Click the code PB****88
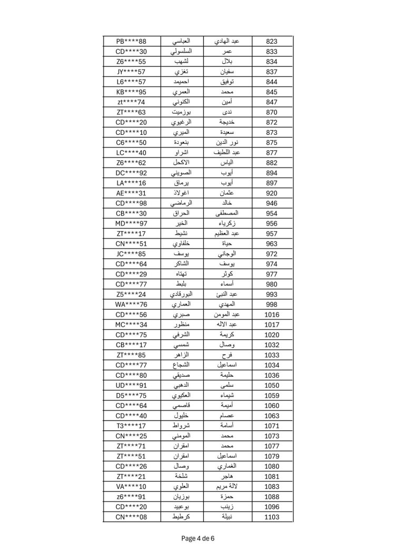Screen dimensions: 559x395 (x=131, y=42)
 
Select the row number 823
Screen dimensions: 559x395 (x=272, y=42)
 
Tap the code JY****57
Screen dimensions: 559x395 (x=131, y=72)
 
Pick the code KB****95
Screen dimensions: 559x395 (x=131, y=92)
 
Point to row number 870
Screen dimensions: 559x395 (x=272, y=112)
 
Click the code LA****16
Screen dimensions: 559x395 (x=131, y=183)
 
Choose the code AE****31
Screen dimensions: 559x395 (x=131, y=193)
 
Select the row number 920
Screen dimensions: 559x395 (x=272, y=193)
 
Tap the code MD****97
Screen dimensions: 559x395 (x=131, y=223)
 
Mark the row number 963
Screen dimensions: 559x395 (x=272, y=243)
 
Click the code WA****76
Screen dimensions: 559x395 (x=131, y=305)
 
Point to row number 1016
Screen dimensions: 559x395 (x=272, y=315)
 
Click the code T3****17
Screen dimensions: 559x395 (x=131, y=426)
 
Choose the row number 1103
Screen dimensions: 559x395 (x=272, y=517)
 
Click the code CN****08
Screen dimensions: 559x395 (x=131, y=517)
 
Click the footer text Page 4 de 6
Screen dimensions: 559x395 (x=197, y=538)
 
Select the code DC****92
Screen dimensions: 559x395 (x=131, y=173)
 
